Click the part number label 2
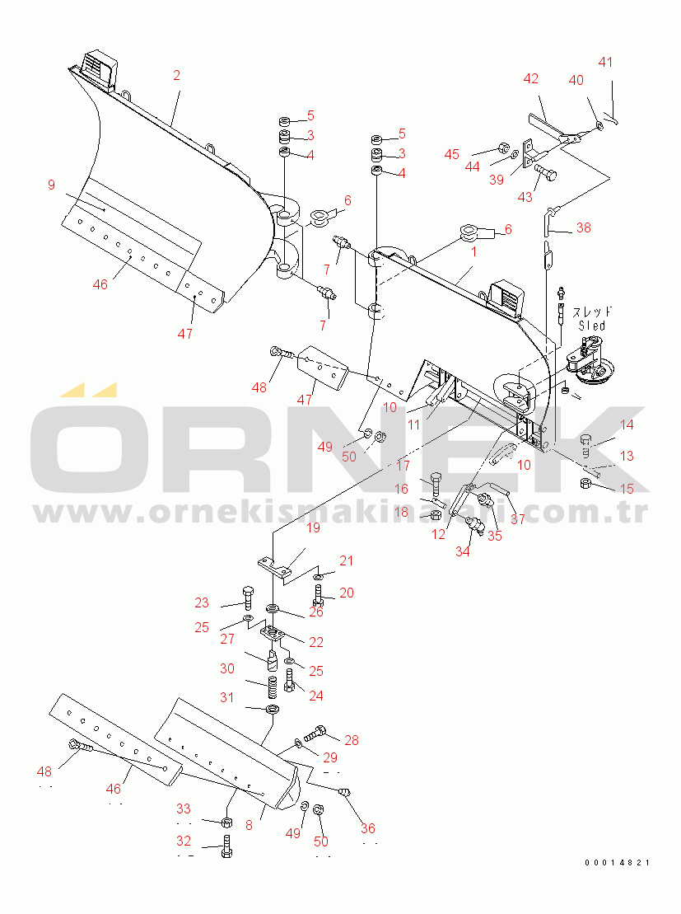[176, 75]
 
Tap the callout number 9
[51, 185]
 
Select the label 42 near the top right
[530, 78]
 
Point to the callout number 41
[606, 62]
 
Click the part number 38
[583, 227]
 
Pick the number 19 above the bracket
[313, 527]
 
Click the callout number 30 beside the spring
[227, 668]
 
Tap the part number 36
[367, 828]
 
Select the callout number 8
[250, 825]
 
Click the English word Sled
[592, 326]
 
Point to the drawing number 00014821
[618, 863]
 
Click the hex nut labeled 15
[585, 483]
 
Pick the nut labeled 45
[505, 147]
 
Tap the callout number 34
[463, 551]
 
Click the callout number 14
[627, 425]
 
